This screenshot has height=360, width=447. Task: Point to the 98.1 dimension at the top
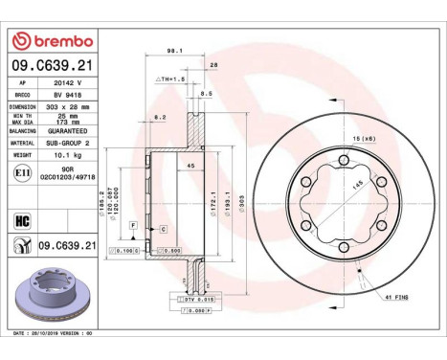pos(174,53)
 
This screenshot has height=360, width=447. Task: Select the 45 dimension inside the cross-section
pos(190,166)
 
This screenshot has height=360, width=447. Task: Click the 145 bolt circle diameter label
pos(356,185)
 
